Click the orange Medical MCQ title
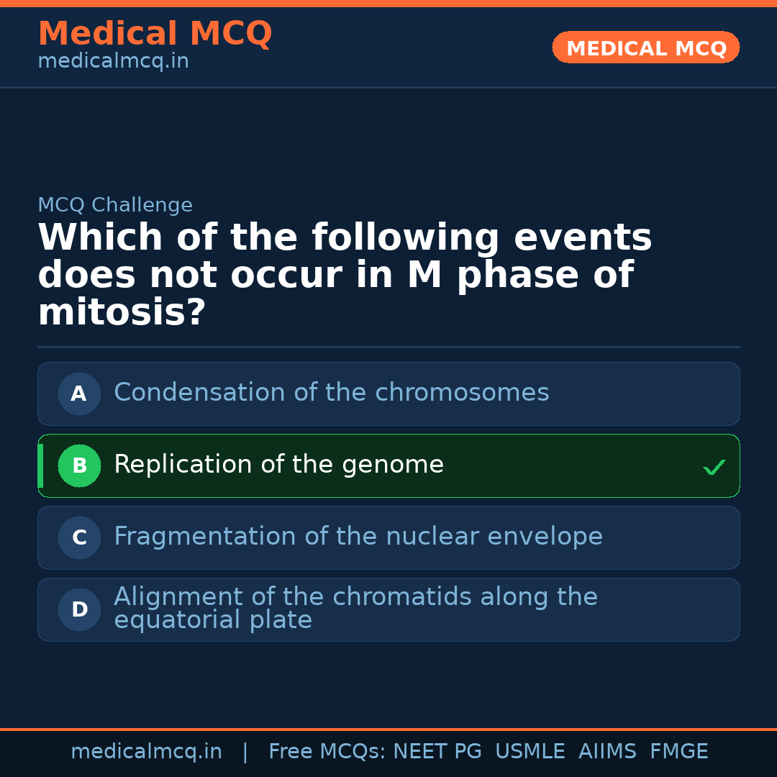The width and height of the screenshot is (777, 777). [155, 35]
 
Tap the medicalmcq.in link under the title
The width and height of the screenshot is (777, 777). [113, 62]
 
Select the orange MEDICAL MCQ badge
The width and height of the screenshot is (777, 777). [646, 48]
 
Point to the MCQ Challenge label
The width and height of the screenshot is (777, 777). [115, 206]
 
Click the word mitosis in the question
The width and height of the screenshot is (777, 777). [121, 314]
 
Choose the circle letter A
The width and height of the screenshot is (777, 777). [79, 394]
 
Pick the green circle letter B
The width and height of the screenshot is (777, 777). [79, 466]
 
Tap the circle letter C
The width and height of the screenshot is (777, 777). [79, 538]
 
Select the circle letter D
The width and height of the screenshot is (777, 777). [79, 610]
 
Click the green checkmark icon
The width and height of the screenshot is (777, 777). [714, 468]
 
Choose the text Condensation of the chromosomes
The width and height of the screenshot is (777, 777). [331, 394]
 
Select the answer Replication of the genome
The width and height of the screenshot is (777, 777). [278, 465]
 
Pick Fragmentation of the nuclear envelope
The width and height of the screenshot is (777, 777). [358, 537]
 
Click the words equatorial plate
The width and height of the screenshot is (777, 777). [213, 621]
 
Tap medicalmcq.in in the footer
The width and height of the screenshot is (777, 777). [146, 752]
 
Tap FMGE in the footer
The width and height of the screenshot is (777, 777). [679, 752]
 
